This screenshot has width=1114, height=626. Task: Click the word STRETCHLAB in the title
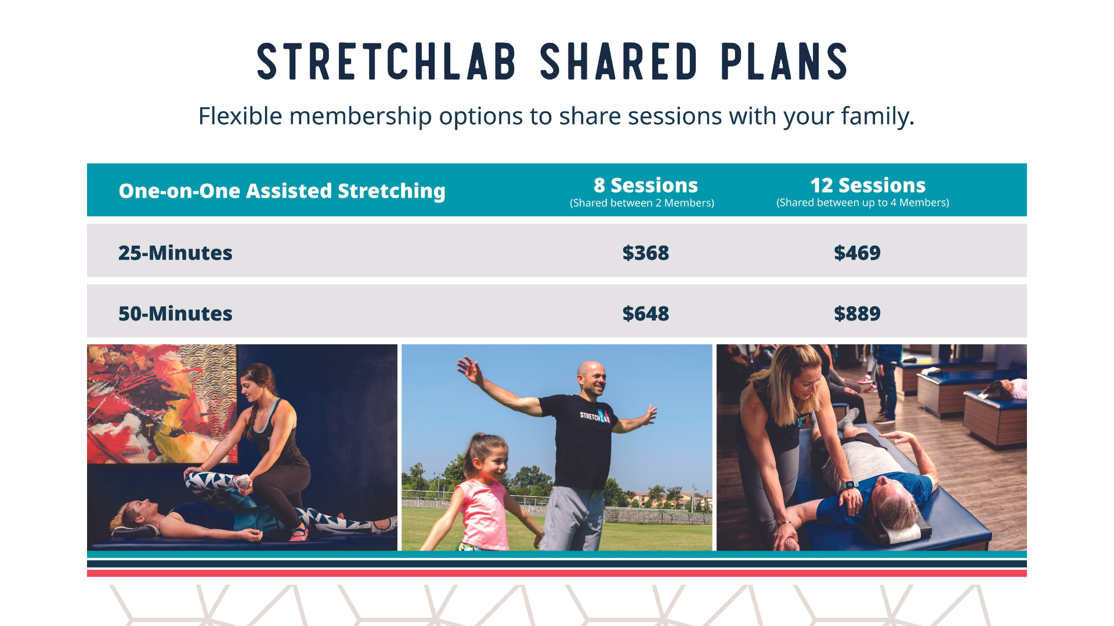[386, 61]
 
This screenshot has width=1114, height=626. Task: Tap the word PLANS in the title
[784, 61]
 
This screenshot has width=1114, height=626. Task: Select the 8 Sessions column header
[645, 185]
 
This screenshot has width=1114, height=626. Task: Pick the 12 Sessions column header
[867, 185]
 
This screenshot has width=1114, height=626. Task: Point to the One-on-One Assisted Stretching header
[282, 191]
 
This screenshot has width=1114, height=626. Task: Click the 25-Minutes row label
[175, 253]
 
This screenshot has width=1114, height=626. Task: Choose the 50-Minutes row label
[175, 314]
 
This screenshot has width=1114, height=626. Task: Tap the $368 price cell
[645, 253]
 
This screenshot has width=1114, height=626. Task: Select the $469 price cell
[857, 253]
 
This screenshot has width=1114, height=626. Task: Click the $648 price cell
[645, 314]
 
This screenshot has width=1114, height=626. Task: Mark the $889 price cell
[857, 314]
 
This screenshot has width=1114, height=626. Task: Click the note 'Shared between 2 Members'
[642, 203]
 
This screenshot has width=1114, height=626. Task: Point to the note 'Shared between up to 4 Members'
[863, 202]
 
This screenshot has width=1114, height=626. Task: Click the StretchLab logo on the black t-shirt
[595, 415]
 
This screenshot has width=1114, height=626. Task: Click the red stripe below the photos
[557, 573]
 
